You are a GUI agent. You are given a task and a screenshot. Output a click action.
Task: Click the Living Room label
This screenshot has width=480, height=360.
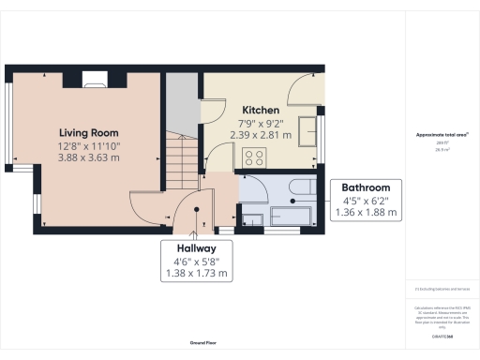click(x=89, y=133)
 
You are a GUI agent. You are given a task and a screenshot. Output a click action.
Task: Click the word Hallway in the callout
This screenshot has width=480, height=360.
click(x=196, y=248)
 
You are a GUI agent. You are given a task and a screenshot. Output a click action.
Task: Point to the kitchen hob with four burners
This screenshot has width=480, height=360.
click(x=253, y=160)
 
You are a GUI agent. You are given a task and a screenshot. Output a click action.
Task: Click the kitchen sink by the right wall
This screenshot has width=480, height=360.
click(x=307, y=129)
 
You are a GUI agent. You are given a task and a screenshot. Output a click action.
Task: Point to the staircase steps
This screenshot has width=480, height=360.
click(x=183, y=150)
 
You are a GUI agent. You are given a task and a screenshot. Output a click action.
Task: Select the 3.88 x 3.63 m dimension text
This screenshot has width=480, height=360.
click(x=89, y=158)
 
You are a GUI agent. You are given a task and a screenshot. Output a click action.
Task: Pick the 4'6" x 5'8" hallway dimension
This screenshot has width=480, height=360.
click(x=196, y=262)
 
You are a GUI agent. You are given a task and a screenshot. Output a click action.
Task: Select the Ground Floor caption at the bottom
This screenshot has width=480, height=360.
click(x=203, y=344)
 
